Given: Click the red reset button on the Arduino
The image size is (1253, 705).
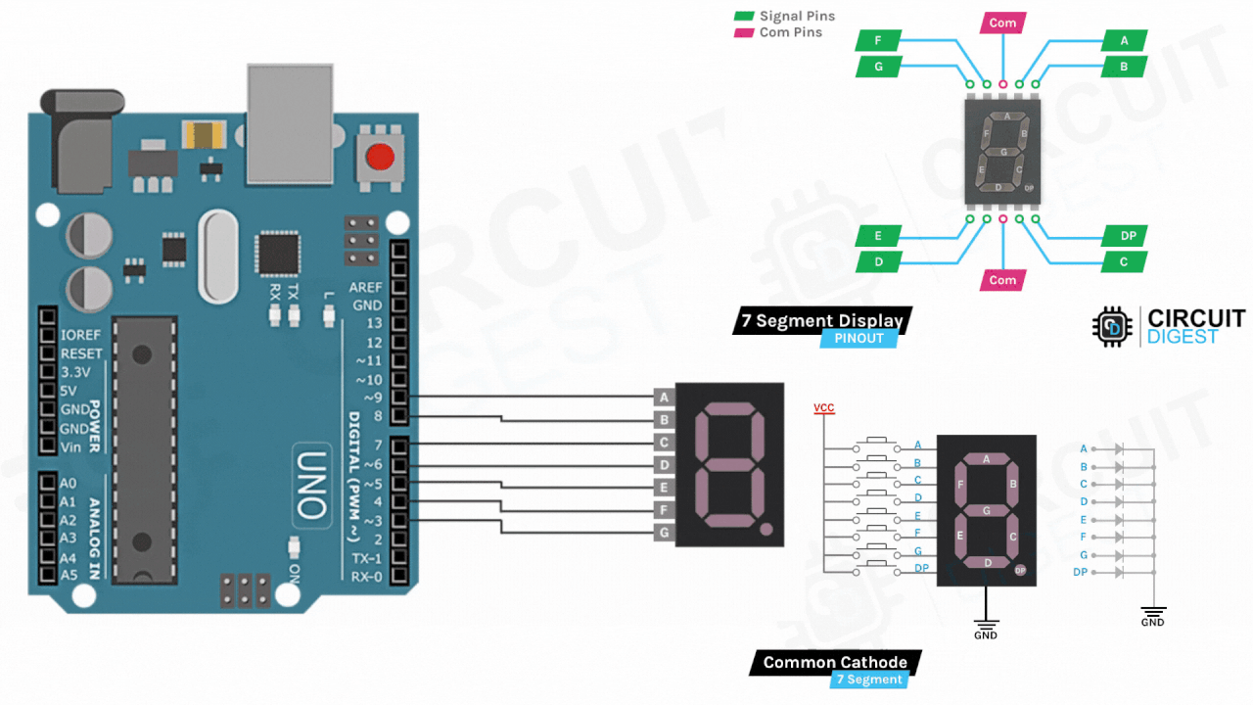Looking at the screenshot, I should (x=380, y=155).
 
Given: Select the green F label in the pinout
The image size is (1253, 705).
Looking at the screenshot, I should (x=878, y=40).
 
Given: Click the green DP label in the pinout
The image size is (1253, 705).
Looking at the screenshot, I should (x=1126, y=236).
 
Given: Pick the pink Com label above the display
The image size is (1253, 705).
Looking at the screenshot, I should (x=1002, y=23).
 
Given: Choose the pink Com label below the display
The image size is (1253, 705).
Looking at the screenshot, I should (x=1002, y=280).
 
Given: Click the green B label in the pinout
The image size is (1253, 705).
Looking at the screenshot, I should (x=1124, y=67).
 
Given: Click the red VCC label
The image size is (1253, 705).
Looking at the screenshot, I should (x=823, y=407).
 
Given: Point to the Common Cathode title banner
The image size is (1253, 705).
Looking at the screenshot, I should (x=834, y=662).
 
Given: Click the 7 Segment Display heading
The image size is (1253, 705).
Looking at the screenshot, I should (x=821, y=320).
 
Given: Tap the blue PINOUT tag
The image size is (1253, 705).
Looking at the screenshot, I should (x=859, y=338).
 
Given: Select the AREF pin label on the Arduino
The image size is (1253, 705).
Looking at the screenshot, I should (x=366, y=287).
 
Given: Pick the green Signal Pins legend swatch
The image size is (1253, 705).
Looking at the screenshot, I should (x=744, y=17).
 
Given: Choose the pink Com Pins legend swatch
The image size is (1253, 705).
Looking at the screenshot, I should (x=744, y=32).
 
